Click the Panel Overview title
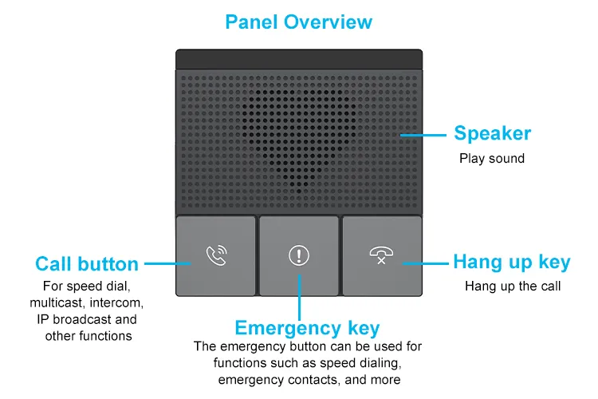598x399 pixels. click(x=298, y=22)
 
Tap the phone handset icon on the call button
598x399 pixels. click(x=216, y=255)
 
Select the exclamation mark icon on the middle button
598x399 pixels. click(x=299, y=255)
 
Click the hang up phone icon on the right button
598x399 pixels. click(x=382, y=255)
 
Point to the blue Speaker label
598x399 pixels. click(x=492, y=133)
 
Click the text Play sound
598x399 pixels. click(x=492, y=158)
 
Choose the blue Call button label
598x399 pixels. click(x=87, y=264)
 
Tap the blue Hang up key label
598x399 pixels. click(x=512, y=262)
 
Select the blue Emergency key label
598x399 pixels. click(x=307, y=328)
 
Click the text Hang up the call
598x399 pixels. click(x=513, y=286)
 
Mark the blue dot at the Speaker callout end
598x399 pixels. click(x=403, y=134)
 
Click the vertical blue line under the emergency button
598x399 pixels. click(x=300, y=299)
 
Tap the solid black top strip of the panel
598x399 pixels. click(x=299, y=59)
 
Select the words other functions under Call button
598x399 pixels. click(x=88, y=335)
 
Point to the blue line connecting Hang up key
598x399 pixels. click(x=426, y=262)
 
